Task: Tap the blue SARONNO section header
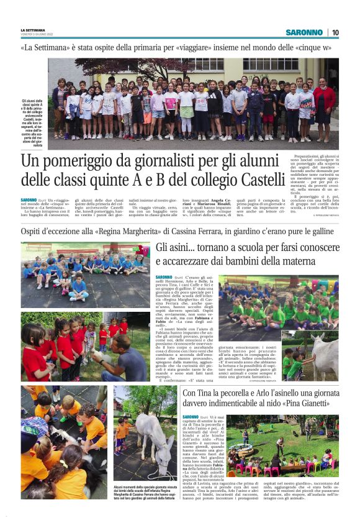[x=304, y=32]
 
